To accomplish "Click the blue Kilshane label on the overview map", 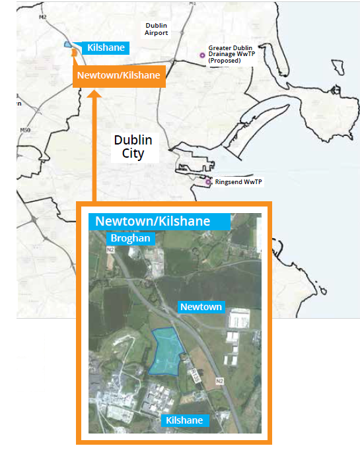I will pyautogui.click(x=106, y=48).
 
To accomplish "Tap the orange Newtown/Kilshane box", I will pyautogui.click(x=119, y=75).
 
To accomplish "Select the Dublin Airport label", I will pyautogui.click(x=157, y=28).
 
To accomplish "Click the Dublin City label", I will pyautogui.click(x=133, y=147).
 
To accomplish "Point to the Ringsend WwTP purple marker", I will pyautogui.click(x=209, y=180).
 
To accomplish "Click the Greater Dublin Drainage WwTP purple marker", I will pyautogui.click(x=203, y=55).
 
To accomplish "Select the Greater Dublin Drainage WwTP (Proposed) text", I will pyautogui.click(x=231, y=54).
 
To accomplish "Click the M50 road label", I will pyautogui.click(x=26, y=130).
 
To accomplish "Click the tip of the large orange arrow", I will pyautogui.click(x=94, y=92).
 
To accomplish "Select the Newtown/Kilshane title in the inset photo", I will pyautogui.click(x=153, y=221).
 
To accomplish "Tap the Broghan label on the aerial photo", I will pyautogui.click(x=131, y=238).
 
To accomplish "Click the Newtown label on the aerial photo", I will pyautogui.click(x=201, y=307).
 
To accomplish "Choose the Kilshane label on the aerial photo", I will pyautogui.click(x=184, y=420).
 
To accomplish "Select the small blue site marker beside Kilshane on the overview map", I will pyautogui.click(x=68, y=44).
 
